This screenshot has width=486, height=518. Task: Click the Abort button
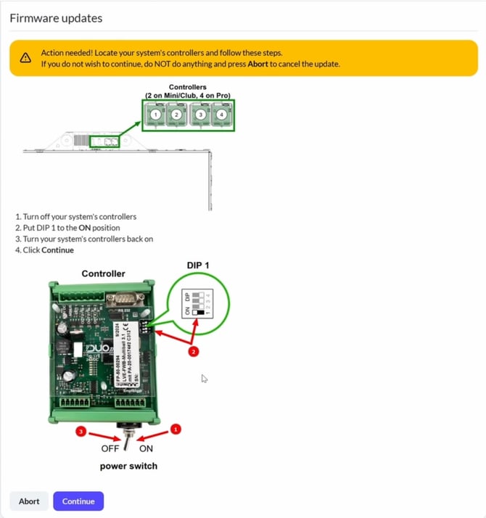[29, 501]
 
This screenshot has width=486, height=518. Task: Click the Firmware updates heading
[56, 18]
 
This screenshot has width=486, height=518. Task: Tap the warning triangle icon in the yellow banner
[25, 58]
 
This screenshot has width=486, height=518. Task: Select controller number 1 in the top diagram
[155, 114]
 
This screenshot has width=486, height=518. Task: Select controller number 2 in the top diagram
[176, 114]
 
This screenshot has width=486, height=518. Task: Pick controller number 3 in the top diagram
[201, 114]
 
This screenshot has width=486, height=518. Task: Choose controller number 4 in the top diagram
[221, 114]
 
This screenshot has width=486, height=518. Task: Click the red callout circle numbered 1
[175, 429]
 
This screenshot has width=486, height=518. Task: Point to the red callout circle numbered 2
[193, 352]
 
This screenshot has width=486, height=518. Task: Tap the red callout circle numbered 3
[82, 432]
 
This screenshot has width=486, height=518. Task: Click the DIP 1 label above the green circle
[198, 266]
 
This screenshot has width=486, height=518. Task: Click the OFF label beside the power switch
[110, 448]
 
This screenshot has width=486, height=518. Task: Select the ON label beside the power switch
[146, 448]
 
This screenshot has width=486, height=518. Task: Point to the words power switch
[128, 466]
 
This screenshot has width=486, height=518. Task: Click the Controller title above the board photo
[103, 274]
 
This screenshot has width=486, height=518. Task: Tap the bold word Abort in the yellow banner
[258, 64]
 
